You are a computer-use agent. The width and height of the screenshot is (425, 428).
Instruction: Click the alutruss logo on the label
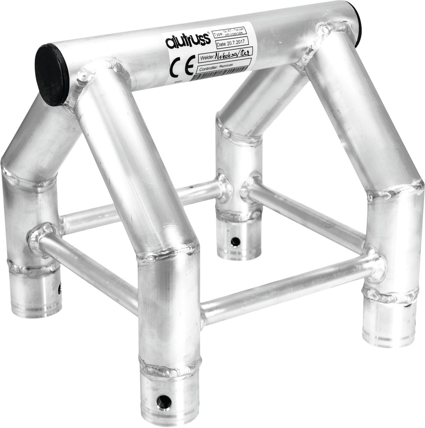[188, 39]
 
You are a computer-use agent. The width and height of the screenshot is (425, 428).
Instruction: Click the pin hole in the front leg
[164, 401]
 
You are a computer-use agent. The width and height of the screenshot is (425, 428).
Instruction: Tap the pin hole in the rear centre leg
[235, 242]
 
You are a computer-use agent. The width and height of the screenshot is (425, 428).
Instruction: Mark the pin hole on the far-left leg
[59, 289]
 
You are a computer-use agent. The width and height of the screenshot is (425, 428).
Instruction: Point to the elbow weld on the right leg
[394, 191]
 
